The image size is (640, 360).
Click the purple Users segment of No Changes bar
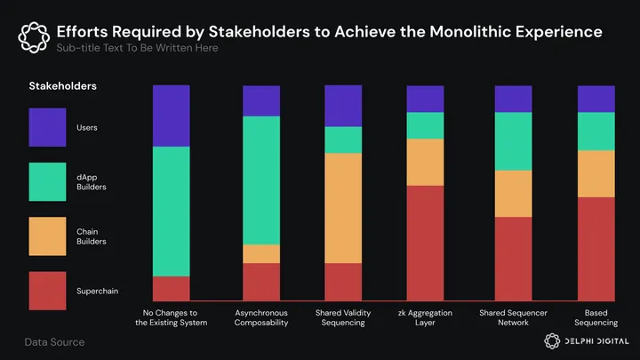click(x=172, y=116)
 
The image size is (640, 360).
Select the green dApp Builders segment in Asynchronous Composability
click(x=261, y=180)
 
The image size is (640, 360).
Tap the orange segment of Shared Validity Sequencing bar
click(x=343, y=208)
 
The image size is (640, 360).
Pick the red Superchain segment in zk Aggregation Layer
click(x=425, y=243)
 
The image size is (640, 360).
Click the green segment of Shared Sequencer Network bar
click(x=513, y=141)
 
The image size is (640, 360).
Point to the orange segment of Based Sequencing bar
click(x=596, y=173)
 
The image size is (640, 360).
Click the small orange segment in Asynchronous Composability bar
click(x=261, y=253)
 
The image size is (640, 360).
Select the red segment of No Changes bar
click(x=172, y=289)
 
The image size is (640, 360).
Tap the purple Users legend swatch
click(x=47, y=127)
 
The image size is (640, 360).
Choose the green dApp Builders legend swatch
click(x=47, y=181)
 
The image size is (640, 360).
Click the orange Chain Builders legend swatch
click(x=47, y=236)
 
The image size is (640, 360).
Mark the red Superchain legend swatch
click(x=47, y=291)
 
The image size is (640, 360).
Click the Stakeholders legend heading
click(x=62, y=86)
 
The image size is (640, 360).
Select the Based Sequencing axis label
click(x=596, y=317)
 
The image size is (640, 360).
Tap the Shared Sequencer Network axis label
click(x=513, y=317)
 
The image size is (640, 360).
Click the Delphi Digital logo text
click(x=596, y=341)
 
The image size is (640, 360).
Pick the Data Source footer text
click(x=54, y=342)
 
